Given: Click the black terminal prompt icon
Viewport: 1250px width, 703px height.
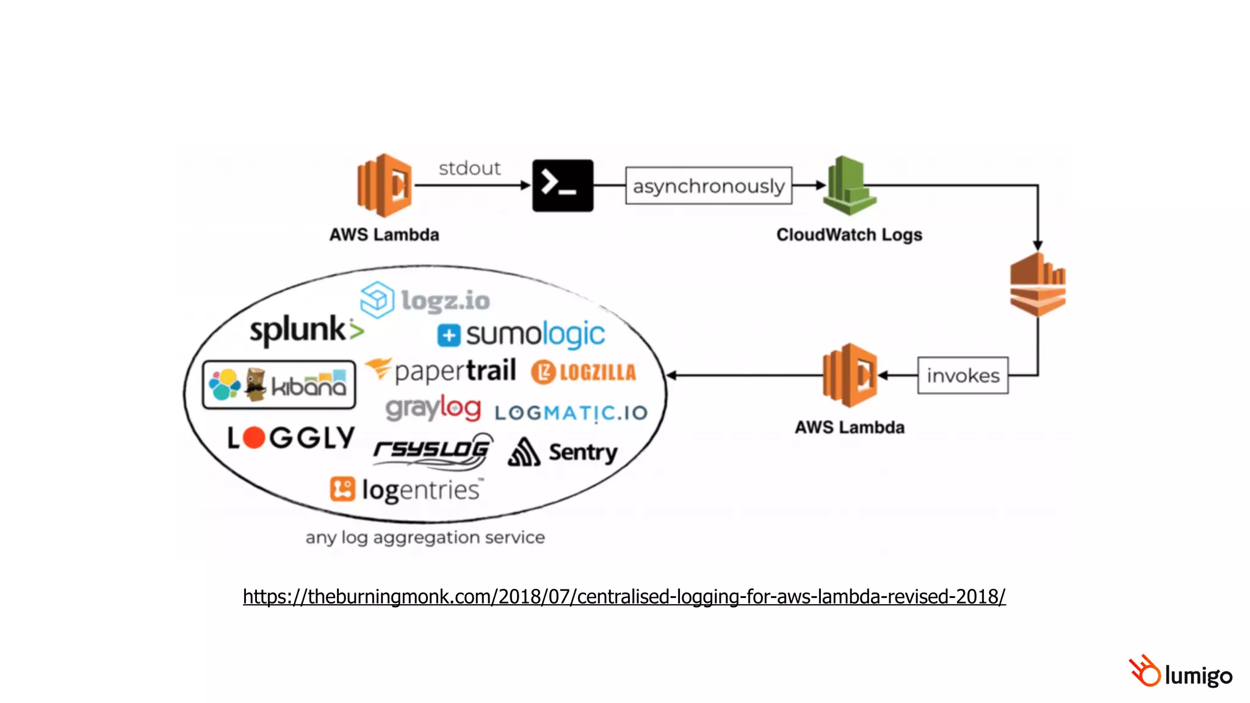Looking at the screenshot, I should coord(562,186).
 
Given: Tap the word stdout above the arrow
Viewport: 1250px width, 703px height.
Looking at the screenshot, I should coord(469,168).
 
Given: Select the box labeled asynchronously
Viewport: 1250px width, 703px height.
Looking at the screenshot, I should coord(708,186).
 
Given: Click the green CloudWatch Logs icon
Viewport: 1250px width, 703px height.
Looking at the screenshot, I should coord(849,186).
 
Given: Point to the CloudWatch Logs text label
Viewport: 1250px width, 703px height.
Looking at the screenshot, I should coord(848,234).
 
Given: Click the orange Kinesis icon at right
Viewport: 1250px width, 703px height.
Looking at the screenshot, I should coord(1037,285).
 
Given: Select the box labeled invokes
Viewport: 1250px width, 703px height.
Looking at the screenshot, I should coord(963,375).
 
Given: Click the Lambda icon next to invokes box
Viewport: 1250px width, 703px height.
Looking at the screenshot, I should coord(850,375).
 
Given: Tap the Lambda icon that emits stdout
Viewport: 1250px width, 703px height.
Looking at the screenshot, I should coord(385,186).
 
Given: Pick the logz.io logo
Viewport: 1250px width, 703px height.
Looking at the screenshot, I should coord(425,300).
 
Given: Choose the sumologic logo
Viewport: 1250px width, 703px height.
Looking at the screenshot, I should coord(521,334).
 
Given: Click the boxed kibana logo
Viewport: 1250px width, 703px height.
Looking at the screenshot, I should coord(279,384).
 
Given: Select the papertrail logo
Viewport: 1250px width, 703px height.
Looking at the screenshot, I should coord(441,370).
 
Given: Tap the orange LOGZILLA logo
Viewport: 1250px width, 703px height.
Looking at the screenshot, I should coord(583,372).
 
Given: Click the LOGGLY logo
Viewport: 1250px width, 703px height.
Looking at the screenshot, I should coord(291,438).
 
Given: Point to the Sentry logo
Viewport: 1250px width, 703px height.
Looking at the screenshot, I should coord(563,452).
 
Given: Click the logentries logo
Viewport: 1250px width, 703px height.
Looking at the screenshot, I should coord(406,489).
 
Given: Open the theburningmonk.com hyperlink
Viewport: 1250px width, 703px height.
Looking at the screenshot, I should coord(624,596).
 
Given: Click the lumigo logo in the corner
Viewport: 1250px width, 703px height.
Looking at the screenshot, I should coord(1180,673).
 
